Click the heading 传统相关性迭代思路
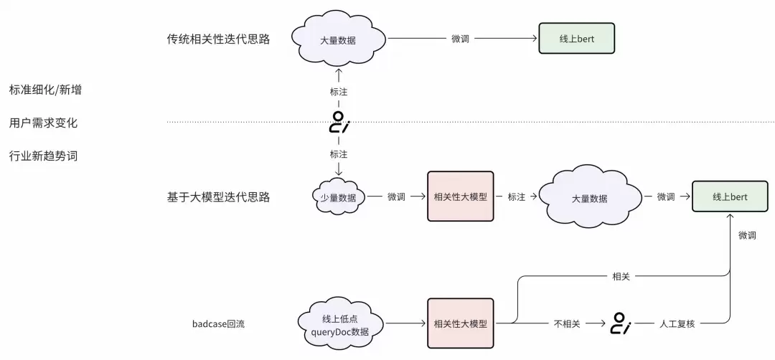click(x=218, y=39)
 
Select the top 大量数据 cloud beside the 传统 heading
click(x=337, y=39)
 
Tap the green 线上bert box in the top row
click(x=576, y=39)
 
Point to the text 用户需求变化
click(x=43, y=123)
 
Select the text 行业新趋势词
click(x=43, y=156)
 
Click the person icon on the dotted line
click(x=338, y=123)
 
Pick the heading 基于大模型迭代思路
click(x=218, y=196)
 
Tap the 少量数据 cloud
click(x=339, y=196)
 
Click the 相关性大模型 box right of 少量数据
click(x=460, y=196)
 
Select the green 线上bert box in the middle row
click(x=730, y=196)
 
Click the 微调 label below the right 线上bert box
click(x=746, y=235)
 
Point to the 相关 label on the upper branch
click(x=621, y=276)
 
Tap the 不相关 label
click(x=566, y=323)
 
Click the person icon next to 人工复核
click(x=619, y=324)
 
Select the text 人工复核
click(x=676, y=323)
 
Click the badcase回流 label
click(x=218, y=323)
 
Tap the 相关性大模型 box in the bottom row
click(x=460, y=323)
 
